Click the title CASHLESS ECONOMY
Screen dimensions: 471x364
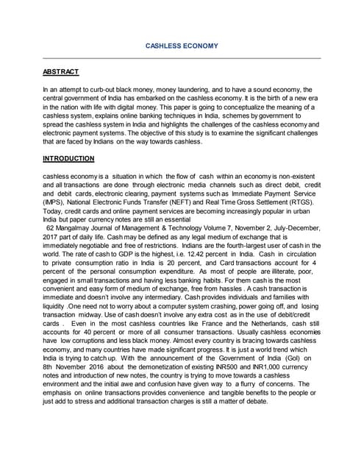182,46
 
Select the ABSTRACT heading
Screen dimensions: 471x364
60,72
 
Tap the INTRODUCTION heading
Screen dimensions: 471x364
68,158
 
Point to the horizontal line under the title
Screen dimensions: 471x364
182,58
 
